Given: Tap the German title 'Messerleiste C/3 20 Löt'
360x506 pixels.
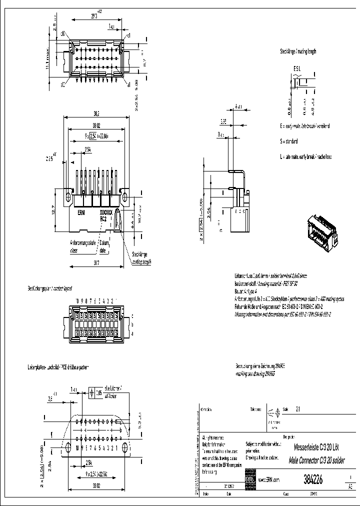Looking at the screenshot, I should (317, 449).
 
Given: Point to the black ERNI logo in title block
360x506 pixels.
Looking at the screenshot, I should (249, 478).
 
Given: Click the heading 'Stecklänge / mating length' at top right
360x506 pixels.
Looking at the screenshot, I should (298, 51).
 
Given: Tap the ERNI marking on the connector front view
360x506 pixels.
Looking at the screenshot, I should (81, 212).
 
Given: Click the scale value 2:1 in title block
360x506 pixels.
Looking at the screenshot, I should (298, 409).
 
